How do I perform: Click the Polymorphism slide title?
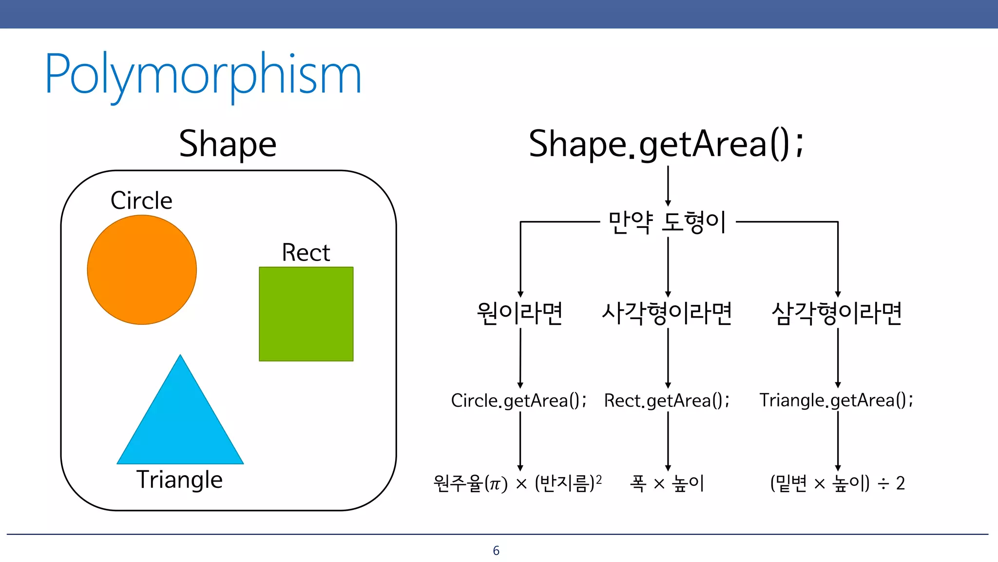pos(203,75)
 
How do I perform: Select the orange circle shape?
pos(142,270)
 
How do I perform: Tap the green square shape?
pos(306,314)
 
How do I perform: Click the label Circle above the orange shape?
pos(141,201)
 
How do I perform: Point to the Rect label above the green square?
pos(306,253)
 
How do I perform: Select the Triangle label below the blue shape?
pos(179,480)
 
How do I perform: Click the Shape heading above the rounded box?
pos(228,144)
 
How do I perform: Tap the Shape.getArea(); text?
pos(666,144)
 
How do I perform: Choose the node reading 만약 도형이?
pos(667,222)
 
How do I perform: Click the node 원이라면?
pos(519,313)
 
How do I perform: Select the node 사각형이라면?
pos(667,313)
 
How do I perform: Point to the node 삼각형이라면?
pos(837,313)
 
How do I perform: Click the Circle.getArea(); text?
pos(518,401)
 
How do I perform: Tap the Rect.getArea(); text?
pos(667,401)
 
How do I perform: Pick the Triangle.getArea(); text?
pos(836,401)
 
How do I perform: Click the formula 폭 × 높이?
pos(667,483)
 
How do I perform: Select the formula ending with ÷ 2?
pos(837,483)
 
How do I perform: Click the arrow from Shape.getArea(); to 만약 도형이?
pos(668,185)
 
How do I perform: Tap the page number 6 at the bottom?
pos(496,551)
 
